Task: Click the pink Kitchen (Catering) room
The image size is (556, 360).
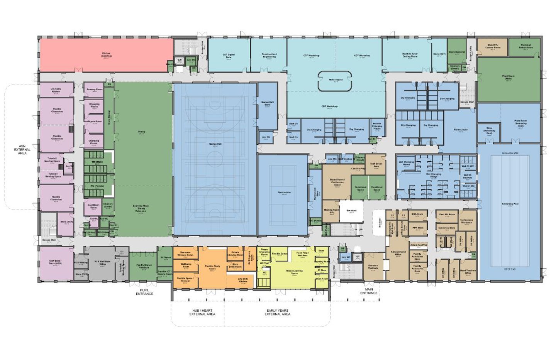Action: pos(106,55)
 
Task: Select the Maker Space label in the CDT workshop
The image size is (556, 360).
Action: pos(335,80)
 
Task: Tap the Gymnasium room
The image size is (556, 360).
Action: pos(284,193)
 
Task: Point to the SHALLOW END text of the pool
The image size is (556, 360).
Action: pos(510,153)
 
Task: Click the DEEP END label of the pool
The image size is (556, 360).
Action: pos(510,269)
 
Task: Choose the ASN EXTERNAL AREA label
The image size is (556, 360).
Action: pos(22,150)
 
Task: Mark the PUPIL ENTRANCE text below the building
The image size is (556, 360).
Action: pos(144,292)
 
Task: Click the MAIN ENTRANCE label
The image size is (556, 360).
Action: pos(369,291)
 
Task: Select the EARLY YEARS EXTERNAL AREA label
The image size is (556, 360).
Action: pos(277,312)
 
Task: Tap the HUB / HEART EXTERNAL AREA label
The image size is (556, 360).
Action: pos(202,312)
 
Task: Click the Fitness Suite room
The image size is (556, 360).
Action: pos(460,130)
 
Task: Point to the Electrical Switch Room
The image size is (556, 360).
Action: pos(525,46)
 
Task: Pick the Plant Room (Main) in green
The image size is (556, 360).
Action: pos(508,78)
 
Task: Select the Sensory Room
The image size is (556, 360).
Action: pos(94,90)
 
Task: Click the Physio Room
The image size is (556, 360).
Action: pos(94,122)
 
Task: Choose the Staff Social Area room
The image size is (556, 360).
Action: pos(376,165)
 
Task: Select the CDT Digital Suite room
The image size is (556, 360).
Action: pos(228,56)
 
